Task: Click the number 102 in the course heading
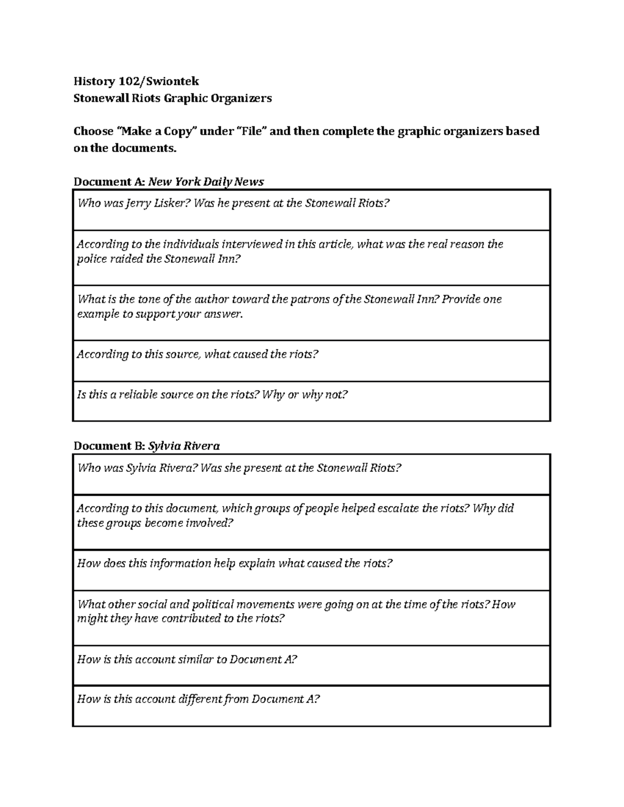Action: [130, 81]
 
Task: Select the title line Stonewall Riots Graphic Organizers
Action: [172, 98]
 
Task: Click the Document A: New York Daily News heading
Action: [168, 181]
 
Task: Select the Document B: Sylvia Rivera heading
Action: [146, 446]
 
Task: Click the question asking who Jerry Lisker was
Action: [233, 203]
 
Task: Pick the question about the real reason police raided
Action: [290, 252]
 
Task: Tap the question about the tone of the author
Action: [289, 307]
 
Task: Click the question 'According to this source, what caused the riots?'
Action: [197, 354]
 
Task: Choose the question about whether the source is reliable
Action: [212, 395]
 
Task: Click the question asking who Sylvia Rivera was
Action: [239, 468]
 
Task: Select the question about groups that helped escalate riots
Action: [295, 515]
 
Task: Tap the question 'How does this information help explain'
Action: [235, 563]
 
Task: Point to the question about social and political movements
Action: [296, 611]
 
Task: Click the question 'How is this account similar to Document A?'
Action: [187, 659]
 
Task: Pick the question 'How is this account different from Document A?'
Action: [198, 699]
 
